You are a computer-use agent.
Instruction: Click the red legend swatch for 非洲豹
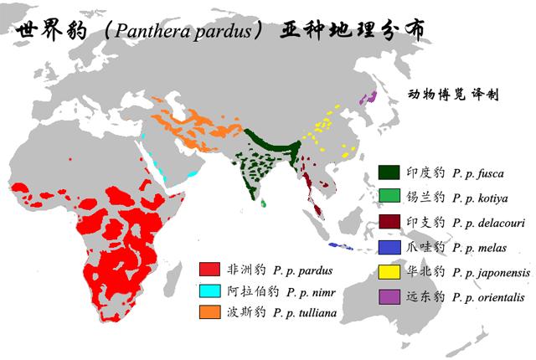pyautogui.click(x=209, y=270)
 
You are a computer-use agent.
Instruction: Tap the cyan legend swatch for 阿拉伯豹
pyautogui.click(x=209, y=292)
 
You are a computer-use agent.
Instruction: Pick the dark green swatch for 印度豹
pyautogui.click(x=388, y=172)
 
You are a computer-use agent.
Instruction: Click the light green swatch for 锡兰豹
pyautogui.click(x=388, y=198)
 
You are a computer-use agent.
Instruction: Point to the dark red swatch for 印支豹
pyautogui.click(x=388, y=223)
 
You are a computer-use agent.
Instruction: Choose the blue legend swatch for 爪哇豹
pyautogui.click(x=388, y=247)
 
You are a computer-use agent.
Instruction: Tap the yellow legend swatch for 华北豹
pyautogui.click(x=388, y=272)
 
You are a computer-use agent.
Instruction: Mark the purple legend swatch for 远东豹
pyautogui.click(x=388, y=296)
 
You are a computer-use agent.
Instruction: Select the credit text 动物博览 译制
pyautogui.click(x=453, y=95)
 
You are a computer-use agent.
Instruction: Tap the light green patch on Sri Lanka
pyautogui.click(x=263, y=203)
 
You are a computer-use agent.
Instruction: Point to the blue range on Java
pyautogui.click(x=340, y=247)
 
